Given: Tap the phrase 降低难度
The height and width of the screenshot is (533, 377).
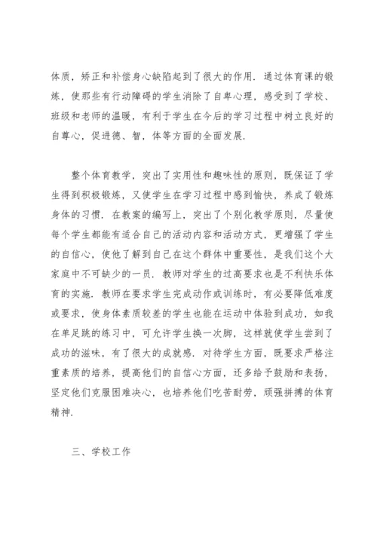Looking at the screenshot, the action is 305,305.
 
